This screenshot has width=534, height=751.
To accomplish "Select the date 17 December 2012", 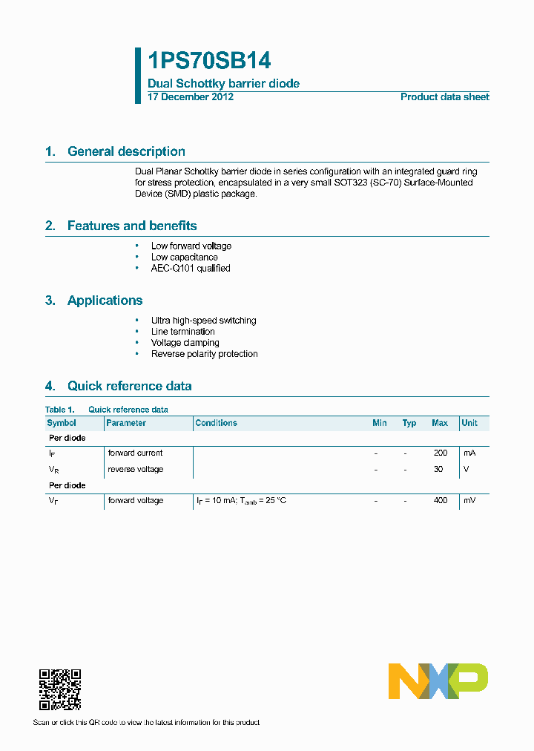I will pyautogui.click(x=191, y=97).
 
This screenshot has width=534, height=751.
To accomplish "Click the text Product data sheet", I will pyautogui.click(x=444, y=97).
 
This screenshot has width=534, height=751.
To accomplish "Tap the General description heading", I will pyautogui.click(x=126, y=151).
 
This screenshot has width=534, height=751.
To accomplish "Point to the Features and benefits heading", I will pyautogui.click(x=132, y=226).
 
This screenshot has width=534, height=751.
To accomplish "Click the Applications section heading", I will pyautogui.click(x=105, y=301).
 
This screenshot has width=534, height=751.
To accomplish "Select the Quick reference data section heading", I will pyautogui.click(x=129, y=386).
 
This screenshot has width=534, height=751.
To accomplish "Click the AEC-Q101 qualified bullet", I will pyautogui.click(x=191, y=269).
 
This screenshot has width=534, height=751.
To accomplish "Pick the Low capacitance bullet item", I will pyautogui.click(x=184, y=258).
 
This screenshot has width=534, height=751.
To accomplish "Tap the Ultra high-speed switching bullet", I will pyautogui.click(x=203, y=321).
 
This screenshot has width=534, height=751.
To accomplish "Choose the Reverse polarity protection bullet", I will pyautogui.click(x=204, y=354).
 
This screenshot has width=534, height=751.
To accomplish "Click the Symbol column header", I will pyautogui.click(x=62, y=423).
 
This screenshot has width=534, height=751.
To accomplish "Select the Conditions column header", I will pyautogui.click(x=216, y=423).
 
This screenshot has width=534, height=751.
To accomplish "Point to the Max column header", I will pyautogui.click(x=440, y=423).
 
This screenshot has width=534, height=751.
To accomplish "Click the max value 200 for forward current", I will pyautogui.click(x=441, y=453).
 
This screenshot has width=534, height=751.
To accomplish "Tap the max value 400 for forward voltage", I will pyautogui.click(x=441, y=501).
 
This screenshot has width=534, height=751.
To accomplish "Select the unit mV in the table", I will pyautogui.click(x=469, y=501).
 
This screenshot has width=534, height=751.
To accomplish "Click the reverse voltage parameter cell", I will pyautogui.click(x=136, y=469).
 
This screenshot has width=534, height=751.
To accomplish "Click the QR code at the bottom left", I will pyautogui.click(x=59, y=689).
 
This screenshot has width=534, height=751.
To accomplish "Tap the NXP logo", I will pyautogui.click(x=438, y=681).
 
